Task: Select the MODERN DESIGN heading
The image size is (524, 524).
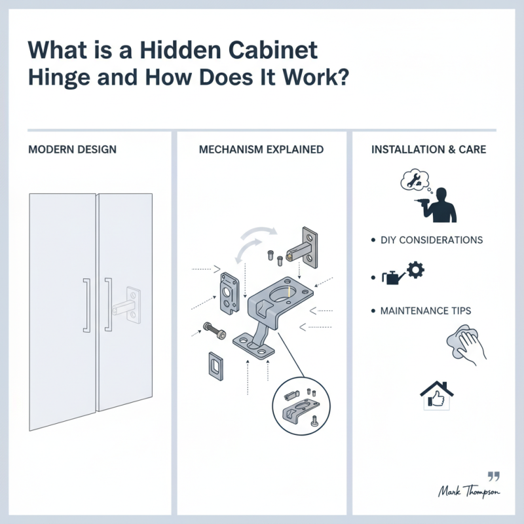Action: (72, 149)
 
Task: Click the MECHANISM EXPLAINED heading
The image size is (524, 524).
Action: (261, 149)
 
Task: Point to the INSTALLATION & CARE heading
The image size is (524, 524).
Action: (428, 149)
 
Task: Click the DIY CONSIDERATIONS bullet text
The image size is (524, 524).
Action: (432, 240)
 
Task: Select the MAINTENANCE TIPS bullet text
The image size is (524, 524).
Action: (426, 310)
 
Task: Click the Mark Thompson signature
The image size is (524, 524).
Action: (468, 490)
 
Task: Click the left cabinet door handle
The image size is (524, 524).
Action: (86, 305)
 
